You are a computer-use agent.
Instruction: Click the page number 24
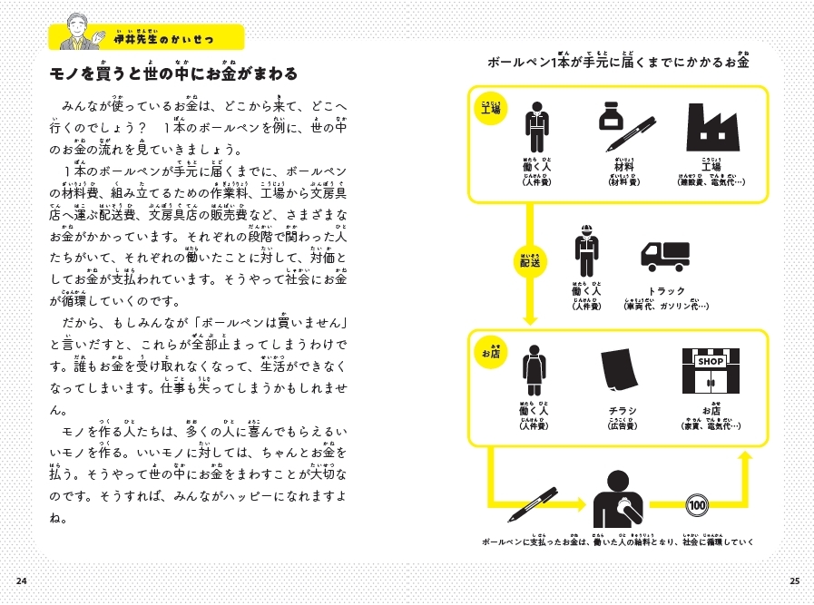pos(22,581)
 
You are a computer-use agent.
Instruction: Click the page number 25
pos(792,581)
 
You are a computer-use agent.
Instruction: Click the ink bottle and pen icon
pos(625,126)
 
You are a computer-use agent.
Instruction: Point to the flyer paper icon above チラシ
pos(622,373)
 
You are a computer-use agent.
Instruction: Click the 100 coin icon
pos(698,505)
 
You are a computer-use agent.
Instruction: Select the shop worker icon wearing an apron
pos(533,375)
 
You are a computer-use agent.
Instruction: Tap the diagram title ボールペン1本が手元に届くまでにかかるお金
pos(617,63)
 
